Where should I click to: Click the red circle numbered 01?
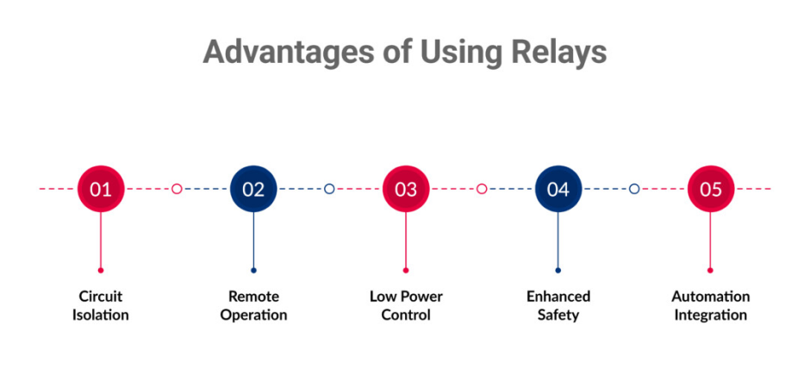click(x=101, y=189)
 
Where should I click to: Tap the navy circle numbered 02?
click(x=253, y=189)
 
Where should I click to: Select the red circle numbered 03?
click(x=406, y=189)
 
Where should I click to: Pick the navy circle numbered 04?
click(x=558, y=189)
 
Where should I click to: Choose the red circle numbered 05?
click(x=710, y=189)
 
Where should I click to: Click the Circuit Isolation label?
click(x=101, y=305)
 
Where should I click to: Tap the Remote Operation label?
click(x=253, y=305)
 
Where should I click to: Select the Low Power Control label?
click(x=406, y=305)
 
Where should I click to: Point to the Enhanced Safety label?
click(x=558, y=305)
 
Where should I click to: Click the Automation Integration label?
click(x=711, y=305)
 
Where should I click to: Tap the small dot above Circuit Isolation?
click(x=101, y=270)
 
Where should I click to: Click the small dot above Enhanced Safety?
click(x=558, y=270)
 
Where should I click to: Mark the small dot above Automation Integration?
click(x=710, y=270)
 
